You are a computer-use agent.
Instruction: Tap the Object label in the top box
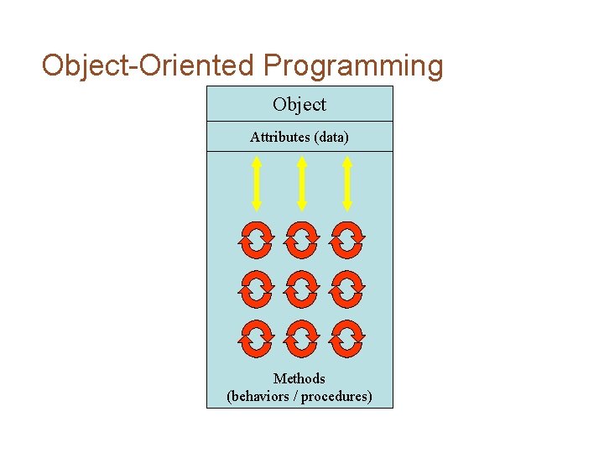(299, 105)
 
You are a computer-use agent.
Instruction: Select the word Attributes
(280, 137)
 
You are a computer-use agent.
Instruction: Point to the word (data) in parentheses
(331, 137)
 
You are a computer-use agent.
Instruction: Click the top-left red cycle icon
(256, 240)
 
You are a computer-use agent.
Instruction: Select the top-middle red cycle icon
(301, 240)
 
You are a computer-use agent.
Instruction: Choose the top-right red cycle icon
(346, 240)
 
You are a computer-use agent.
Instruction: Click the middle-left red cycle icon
(256, 289)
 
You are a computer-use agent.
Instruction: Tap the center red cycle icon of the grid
(301, 289)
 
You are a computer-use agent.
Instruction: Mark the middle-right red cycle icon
(346, 289)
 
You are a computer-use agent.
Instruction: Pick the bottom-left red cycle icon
(256, 338)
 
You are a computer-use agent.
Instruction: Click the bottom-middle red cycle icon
(301, 338)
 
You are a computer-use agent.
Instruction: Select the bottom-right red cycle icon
(346, 338)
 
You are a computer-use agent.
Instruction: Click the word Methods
(299, 379)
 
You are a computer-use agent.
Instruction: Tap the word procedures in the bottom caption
(336, 397)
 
